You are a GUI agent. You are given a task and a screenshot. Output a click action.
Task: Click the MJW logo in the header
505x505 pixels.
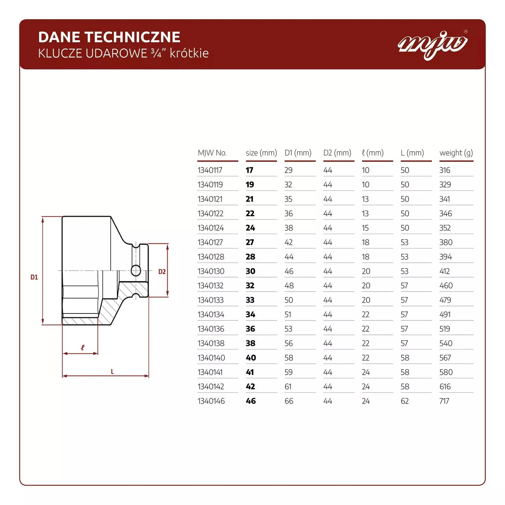(x=433, y=45)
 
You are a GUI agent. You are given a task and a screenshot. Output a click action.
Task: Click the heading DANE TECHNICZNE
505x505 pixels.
(x=109, y=37)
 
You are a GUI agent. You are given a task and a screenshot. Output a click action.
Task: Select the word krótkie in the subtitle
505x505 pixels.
(x=189, y=53)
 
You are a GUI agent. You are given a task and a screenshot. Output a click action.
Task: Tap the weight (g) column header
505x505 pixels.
(x=456, y=153)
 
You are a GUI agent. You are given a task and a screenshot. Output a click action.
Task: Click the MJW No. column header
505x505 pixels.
(x=212, y=153)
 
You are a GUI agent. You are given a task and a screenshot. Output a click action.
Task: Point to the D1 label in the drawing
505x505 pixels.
(x=34, y=277)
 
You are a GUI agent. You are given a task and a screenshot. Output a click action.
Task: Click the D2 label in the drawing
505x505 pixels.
(x=162, y=272)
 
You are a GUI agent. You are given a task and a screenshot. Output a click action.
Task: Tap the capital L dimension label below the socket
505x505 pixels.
(x=112, y=371)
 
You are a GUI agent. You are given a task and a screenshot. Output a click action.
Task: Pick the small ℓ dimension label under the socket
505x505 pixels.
(x=82, y=348)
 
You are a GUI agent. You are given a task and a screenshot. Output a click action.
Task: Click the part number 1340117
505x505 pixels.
(x=210, y=170)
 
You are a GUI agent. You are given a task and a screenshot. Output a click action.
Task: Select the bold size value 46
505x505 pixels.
(x=251, y=401)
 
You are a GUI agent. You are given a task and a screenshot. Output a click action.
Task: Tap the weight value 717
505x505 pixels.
(x=444, y=401)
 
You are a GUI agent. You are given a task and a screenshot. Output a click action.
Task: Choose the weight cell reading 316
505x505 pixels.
(x=445, y=170)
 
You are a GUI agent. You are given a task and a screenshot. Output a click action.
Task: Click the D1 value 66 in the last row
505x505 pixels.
(x=289, y=401)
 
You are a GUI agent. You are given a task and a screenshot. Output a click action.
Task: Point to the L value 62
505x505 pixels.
(x=404, y=401)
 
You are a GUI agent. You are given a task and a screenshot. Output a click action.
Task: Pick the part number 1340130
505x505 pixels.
(x=211, y=271)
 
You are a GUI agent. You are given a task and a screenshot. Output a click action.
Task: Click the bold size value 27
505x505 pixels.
(x=250, y=242)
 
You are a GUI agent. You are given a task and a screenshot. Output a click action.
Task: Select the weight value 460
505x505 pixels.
(x=446, y=286)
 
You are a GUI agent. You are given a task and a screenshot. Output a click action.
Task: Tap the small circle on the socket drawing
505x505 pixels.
(x=136, y=270)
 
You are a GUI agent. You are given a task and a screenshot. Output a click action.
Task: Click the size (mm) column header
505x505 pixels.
(x=261, y=153)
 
